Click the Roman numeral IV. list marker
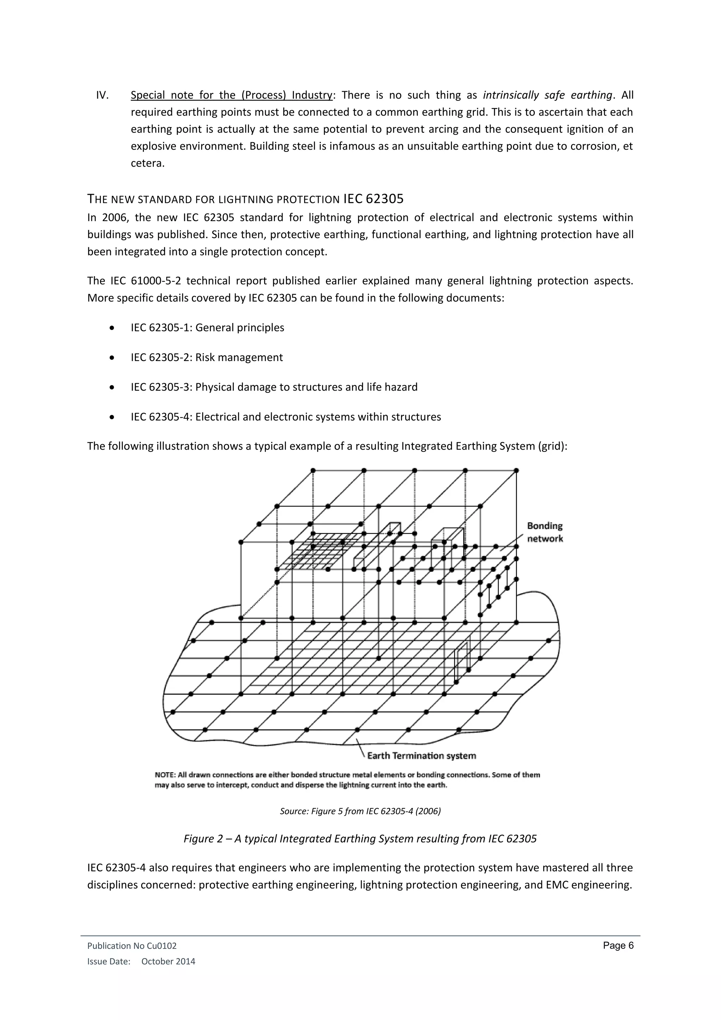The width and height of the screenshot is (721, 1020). (x=102, y=95)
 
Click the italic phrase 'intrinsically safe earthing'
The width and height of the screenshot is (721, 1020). (x=547, y=95)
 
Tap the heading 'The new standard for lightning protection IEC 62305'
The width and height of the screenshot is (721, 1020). (x=245, y=199)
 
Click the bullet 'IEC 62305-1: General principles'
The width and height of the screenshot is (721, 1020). (x=207, y=328)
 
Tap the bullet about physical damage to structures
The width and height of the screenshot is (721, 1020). (x=274, y=387)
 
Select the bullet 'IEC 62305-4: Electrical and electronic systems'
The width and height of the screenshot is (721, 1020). (x=286, y=417)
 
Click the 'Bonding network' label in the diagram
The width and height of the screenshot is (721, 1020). (x=545, y=532)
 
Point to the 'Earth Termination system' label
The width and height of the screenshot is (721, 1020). (x=421, y=756)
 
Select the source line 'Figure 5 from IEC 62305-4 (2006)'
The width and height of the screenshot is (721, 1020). (x=360, y=811)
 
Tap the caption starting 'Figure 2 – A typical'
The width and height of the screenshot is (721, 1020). (x=360, y=839)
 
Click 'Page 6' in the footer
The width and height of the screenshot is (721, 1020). (x=618, y=946)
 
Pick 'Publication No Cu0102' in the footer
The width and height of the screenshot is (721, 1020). (x=132, y=946)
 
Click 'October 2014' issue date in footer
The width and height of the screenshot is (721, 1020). (x=168, y=962)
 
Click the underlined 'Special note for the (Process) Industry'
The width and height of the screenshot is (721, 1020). (x=231, y=95)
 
